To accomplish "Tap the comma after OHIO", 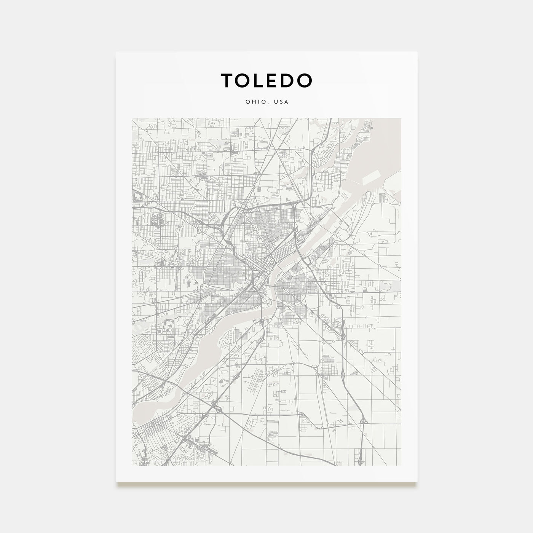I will [267, 104].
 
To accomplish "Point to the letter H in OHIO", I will [251, 102].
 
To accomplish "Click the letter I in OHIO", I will [256, 102].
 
